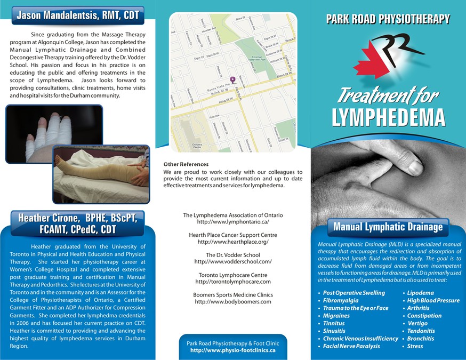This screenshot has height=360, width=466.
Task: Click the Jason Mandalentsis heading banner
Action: [78, 15]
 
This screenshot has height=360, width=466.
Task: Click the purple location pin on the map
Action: [232, 78]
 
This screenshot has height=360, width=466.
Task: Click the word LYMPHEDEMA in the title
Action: [388, 117]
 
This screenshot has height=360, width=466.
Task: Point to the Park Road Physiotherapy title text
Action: [388, 20]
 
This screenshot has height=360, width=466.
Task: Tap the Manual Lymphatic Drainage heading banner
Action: [388, 227]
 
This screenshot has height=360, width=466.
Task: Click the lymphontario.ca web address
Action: [233, 221]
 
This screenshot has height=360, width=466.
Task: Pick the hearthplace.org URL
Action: [233, 242]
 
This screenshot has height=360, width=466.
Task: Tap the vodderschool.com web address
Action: [233, 262]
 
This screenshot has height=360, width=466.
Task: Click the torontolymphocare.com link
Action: [233, 282]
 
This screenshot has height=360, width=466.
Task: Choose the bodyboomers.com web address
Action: [233, 302]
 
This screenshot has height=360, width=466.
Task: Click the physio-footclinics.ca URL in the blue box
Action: [233, 350]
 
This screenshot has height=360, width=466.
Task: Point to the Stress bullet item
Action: [415, 346]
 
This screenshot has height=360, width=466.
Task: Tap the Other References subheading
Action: [186, 164]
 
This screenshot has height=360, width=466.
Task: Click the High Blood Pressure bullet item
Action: [433, 301]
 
